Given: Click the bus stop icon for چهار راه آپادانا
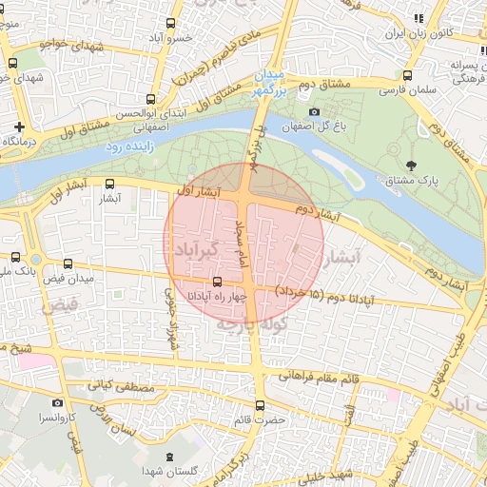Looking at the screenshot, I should pyautogui.click(x=218, y=282).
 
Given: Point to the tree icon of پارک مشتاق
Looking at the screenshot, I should pyautogui.click(x=410, y=165).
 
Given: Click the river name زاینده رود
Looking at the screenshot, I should pyautogui.click(x=128, y=147).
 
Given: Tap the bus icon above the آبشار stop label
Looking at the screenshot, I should pyautogui.click(x=109, y=185).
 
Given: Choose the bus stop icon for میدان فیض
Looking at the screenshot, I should pyautogui.click(x=66, y=263).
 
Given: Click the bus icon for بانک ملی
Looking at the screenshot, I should pyautogui.click(x=17, y=257).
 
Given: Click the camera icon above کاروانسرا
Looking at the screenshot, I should pyautogui.click(x=57, y=403).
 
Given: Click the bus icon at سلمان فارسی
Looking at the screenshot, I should pyautogui.click(x=408, y=75).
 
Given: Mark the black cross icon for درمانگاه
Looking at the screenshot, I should pyautogui.click(x=19, y=127).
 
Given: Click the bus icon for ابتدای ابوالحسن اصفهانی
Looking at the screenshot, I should pyautogui.click(x=150, y=99).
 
